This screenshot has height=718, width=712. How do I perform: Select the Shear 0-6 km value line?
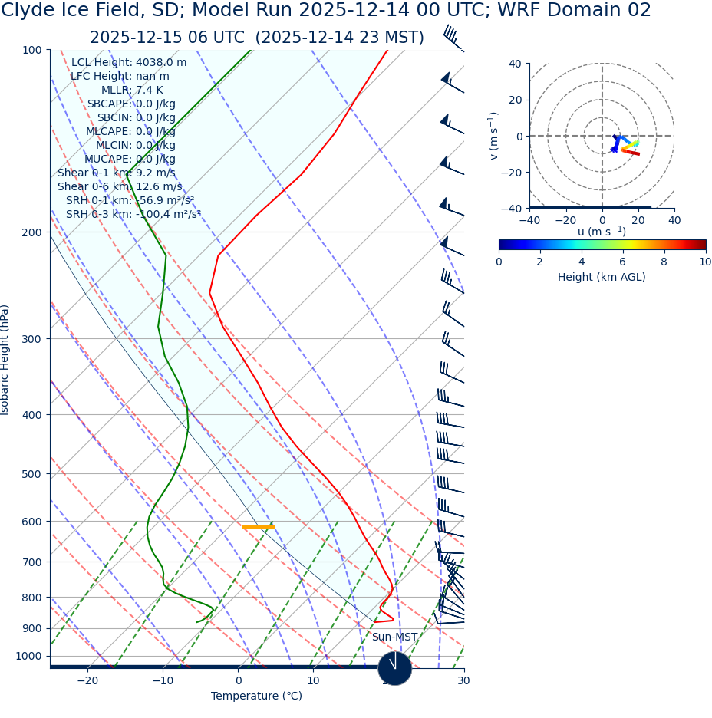pos(120,187)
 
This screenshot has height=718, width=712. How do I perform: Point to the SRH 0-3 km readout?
pos(133,215)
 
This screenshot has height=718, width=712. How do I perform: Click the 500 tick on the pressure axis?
pos(32,474)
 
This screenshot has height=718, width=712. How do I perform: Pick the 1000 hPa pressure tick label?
pos(28,657)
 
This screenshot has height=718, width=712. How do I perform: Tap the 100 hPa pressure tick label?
pos(32,51)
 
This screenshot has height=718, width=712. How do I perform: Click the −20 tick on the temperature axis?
pos(87,681)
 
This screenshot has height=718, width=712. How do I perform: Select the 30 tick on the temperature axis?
pos(463,681)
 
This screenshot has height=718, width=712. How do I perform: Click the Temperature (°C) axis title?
pos(256,697)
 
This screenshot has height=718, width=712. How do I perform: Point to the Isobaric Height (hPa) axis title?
pos(6,360)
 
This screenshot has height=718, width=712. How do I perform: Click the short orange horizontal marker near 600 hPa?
pos(258,527)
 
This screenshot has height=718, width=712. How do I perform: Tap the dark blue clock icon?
pos(394,668)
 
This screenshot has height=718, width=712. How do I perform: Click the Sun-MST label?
pos(394,637)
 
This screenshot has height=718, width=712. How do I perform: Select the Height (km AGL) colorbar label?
pos(602,278)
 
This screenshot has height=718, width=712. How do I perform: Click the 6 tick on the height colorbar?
pos(623,262)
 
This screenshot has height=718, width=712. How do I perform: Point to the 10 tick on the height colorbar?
pos(704,262)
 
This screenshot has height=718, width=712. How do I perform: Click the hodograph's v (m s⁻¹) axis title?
pos(494,136)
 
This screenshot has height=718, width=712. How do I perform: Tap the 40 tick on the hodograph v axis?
pos(515,64)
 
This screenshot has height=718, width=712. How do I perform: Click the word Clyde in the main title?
pos(30,11)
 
